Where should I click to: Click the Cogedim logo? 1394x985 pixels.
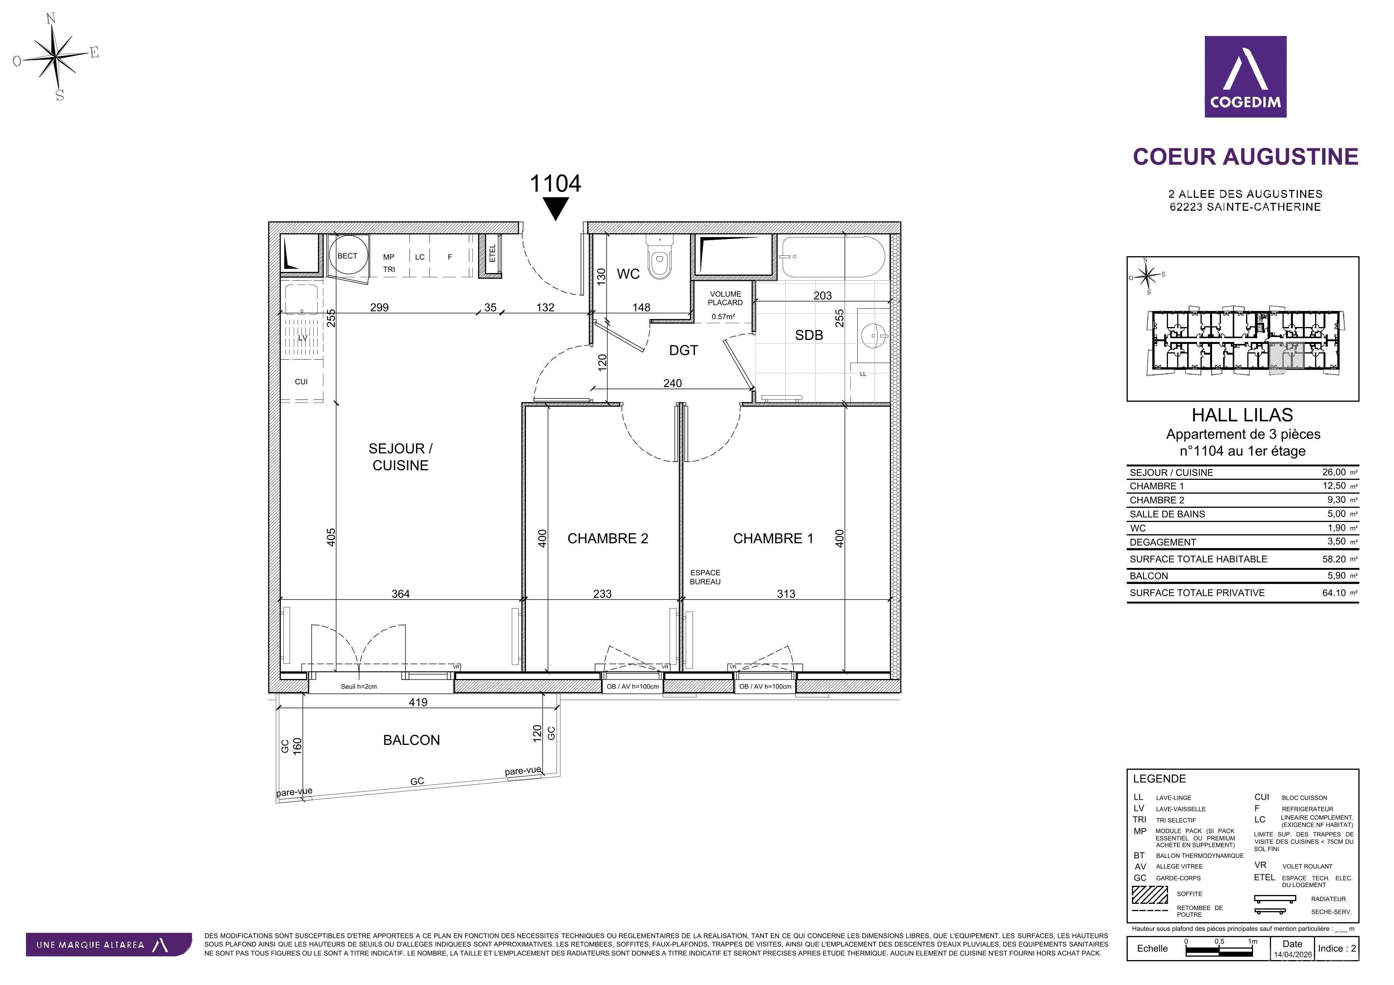tap(1245, 77)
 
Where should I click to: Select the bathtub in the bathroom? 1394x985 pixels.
tap(833, 256)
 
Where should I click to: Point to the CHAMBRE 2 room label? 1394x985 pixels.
tap(608, 538)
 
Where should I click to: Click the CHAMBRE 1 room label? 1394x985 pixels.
tap(773, 538)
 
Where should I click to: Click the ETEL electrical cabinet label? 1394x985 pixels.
tap(492, 253)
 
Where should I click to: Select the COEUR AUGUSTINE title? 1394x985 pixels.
tap(1245, 157)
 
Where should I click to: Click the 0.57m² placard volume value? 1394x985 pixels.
tap(723, 316)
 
